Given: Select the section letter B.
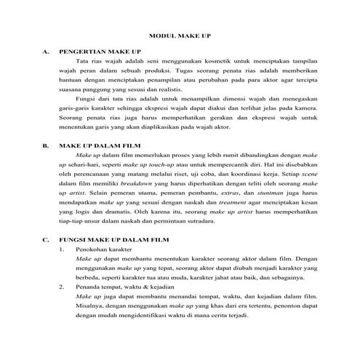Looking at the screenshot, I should click(x=47, y=145).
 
